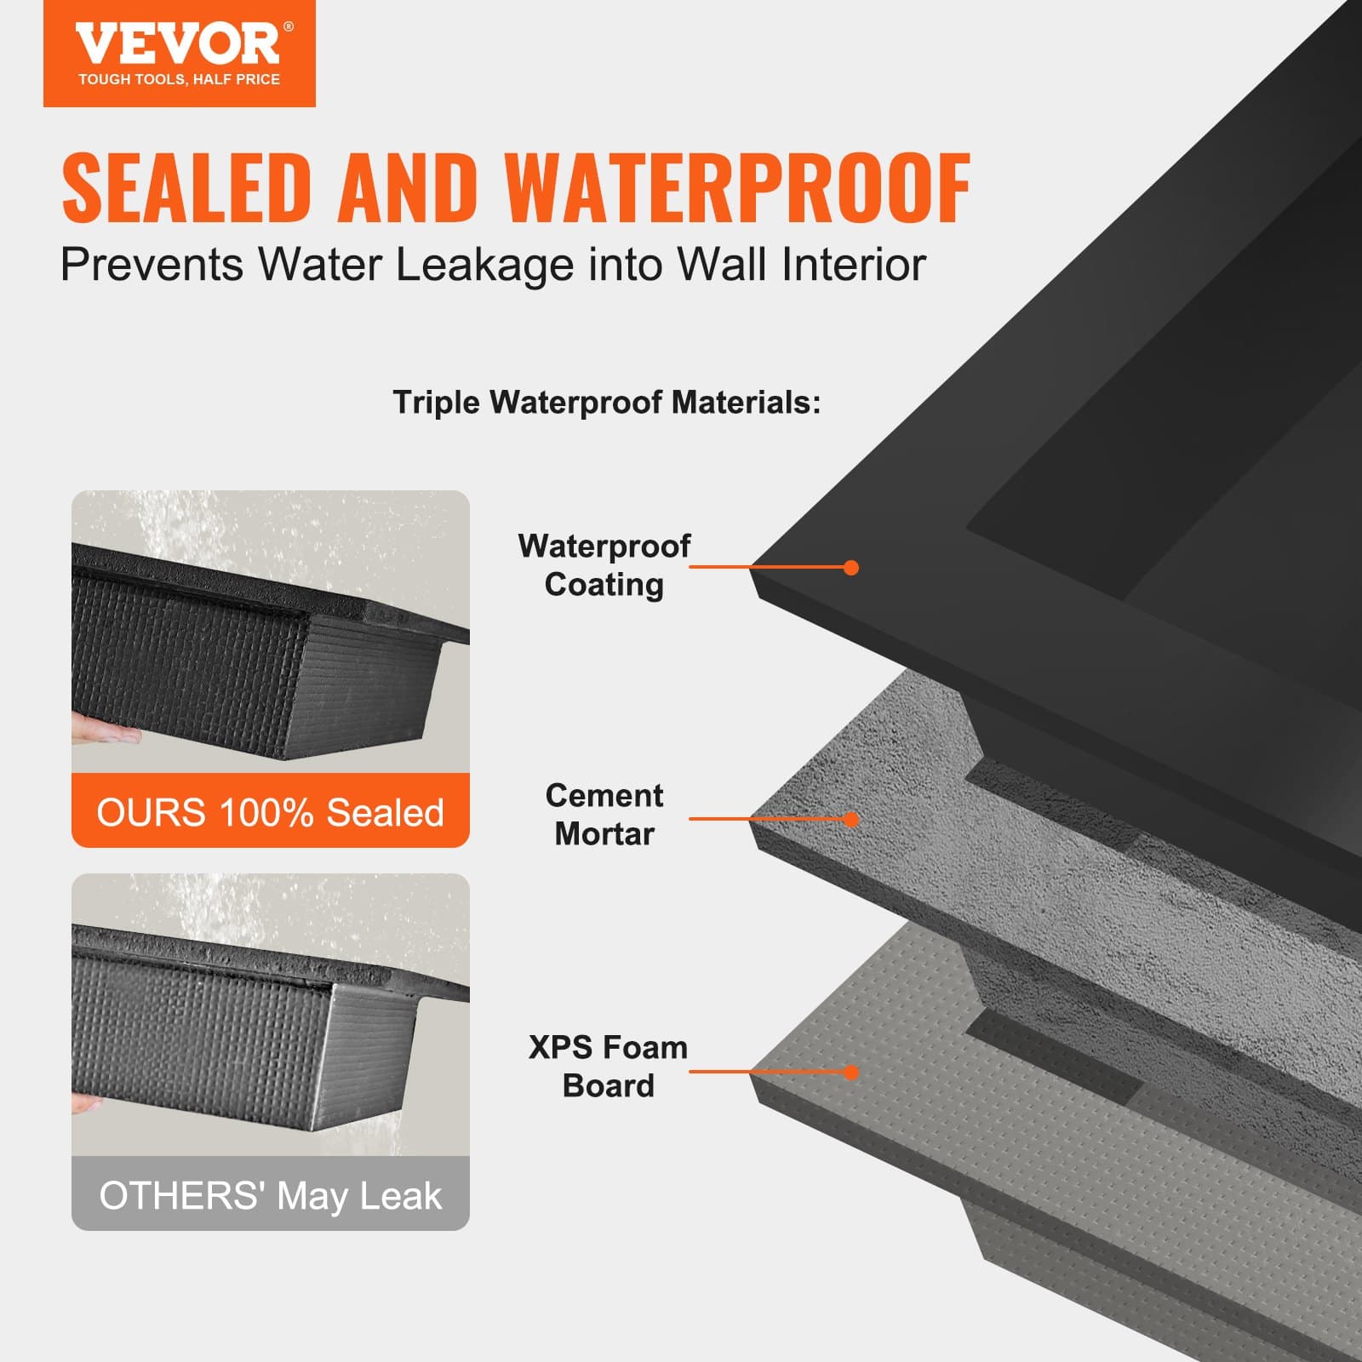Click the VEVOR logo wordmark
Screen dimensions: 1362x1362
click(177, 44)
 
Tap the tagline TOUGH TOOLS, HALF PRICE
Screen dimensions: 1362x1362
click(179, 79)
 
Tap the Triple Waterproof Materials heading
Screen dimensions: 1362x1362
click(606, 403)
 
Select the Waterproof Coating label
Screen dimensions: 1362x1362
click(604, 565)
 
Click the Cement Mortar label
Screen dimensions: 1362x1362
click(604, 815)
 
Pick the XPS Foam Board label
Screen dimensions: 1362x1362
click(608, 1067)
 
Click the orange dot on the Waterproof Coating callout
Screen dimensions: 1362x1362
click(851, 568)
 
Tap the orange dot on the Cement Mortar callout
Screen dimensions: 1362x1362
click(851, 820)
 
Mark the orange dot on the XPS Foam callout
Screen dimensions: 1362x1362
click(851, 1073)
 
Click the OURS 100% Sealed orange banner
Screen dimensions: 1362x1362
click(271, 812)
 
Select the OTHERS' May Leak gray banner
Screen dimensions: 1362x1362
click(271, 1195)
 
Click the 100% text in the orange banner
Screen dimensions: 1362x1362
click(266, 812)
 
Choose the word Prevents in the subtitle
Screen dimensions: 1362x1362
click(152, 265)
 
